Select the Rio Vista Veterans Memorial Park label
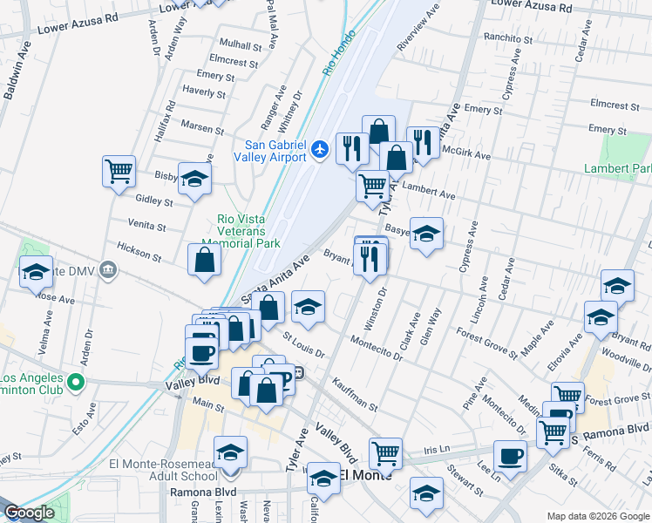251,232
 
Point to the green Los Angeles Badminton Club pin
76,382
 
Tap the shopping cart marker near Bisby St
119,171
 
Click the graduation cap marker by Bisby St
195,178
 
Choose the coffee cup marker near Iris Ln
510,455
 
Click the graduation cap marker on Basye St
426,233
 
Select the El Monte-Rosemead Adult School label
164,470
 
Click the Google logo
30,513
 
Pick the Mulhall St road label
241,44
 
